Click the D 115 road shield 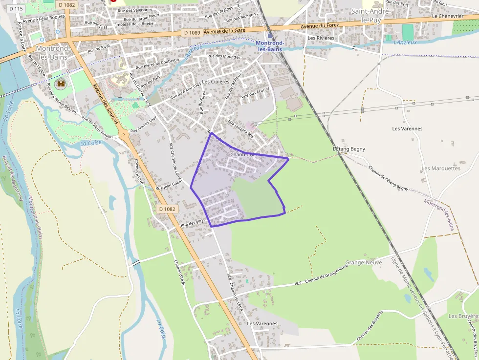point(16,9)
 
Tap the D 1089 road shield point(192,32)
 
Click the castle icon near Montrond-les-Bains point(61,84)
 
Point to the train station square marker point(270,36)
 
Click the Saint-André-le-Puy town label point(370,15)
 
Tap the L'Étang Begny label point(349,149)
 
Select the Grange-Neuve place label point(363,262)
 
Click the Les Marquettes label point(441,169)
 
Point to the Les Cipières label point(216,82)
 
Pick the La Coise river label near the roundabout point(90,143)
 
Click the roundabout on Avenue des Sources point(124,133)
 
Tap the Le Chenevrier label point(448,16)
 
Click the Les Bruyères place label point(462,316)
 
